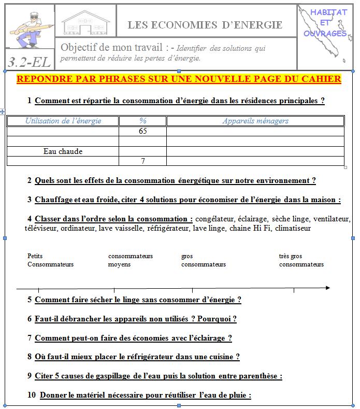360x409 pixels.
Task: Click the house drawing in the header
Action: click(85, 22)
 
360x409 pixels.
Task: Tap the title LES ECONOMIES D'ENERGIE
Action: click(205, 24)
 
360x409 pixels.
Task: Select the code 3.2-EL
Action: click(30, 62)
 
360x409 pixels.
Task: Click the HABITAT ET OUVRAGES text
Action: click(325, 23)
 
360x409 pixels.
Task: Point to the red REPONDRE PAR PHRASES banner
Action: click(179, 79)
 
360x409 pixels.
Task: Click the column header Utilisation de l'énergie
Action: click(63, 121)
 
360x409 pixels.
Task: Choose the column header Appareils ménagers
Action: click(255, 121)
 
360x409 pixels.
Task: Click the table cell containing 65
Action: click(143, 131)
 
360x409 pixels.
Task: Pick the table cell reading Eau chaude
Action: click(63, 151)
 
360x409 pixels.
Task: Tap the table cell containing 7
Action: click(143, 161)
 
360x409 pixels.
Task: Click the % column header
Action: click(143, 121)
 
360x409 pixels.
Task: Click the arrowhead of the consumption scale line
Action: click(327, 287)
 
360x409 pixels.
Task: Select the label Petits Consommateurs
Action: click(50, 260)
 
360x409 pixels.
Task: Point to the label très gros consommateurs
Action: click(301, 260)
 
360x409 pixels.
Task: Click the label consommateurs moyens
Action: click(130, 260)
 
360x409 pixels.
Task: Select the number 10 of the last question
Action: click(31, 395)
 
